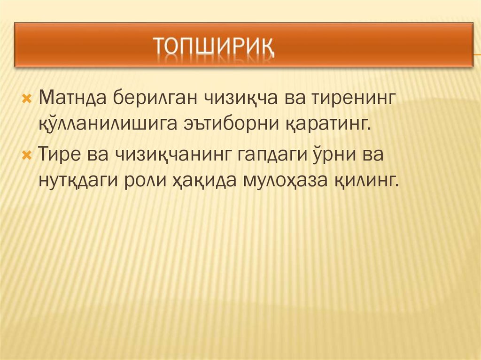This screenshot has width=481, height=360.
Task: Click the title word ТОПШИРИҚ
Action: coord(214,47)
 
